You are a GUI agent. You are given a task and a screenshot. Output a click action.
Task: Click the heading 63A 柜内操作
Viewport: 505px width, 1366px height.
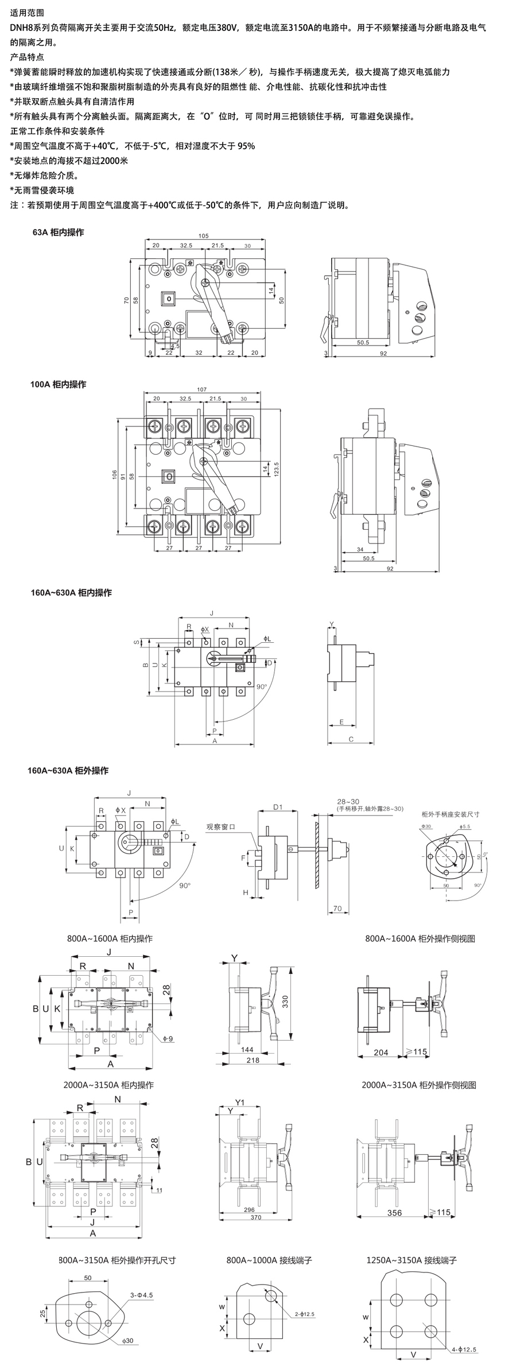coord(58,232)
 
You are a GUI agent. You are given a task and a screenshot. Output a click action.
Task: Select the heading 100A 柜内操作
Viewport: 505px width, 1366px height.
coord(58,384)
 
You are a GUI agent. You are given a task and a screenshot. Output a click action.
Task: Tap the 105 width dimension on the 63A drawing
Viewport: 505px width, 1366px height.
coord(203,235)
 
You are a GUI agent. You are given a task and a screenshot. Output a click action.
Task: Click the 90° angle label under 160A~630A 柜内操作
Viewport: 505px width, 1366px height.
coord(261,686)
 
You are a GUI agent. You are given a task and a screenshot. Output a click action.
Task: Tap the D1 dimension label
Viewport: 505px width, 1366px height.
coord(278,807)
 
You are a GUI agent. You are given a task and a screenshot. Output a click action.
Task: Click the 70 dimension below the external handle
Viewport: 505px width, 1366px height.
coord(337,909)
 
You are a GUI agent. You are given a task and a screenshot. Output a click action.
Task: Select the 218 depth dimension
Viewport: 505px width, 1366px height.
coord(252,1060)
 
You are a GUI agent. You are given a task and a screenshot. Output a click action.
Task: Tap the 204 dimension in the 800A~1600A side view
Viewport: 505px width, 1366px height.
coord(380,1052)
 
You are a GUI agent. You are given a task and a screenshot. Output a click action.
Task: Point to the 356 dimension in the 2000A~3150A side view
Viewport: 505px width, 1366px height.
coord(394,1213)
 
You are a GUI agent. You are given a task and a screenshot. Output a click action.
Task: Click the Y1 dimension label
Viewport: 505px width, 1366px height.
coord(240,1102)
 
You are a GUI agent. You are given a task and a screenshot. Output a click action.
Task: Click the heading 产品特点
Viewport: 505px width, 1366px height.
coord(27,57)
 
